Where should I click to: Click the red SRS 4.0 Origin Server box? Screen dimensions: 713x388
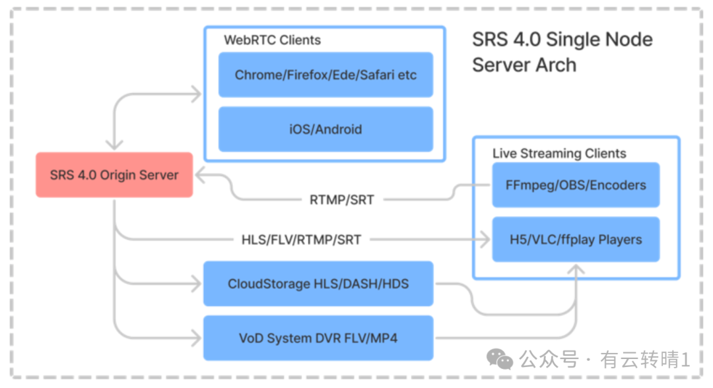pyautogui.click(x=114, y=175)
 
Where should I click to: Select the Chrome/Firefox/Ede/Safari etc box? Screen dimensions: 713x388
pyautogui.click(x=325, y=75)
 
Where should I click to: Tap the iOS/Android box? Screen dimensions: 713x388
pyautogui.click(x=325, y=129)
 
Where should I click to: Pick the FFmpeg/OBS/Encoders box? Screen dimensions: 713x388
pyautogui.click(x=576, y=185)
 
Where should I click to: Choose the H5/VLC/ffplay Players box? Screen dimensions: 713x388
pyautogui.click(x=576, y=240)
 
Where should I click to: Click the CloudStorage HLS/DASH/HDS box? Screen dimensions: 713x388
pyautogui.click(x=318, y=284)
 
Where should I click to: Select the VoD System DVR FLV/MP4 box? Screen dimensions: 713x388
pyautogui.click(x=318, y=338)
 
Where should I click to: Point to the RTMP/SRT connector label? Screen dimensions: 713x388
pyautogui.click(x=342, y=200)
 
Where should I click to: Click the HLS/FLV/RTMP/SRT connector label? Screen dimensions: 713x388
pyautogui.click(x=301, y=240)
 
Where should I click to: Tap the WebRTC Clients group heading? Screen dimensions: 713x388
pyautogui.click(x=273, y=40)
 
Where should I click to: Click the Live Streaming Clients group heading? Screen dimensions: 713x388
pyautogui.click(x=559, y=154)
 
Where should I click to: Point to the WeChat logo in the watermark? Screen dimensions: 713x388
pyautogui.click(x=500, y=360)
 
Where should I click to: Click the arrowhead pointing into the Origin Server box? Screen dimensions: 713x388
pyautogui.click(x=201, y=176)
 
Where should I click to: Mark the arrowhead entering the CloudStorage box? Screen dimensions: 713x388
pyautogui.click(x=197, y=284)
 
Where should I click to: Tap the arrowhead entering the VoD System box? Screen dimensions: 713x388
pyautogui.click(x=197, y=338)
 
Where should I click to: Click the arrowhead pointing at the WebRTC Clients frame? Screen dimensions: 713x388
pyautogui.click(x=197, y=94)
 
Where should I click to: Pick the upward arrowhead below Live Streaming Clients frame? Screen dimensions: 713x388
pyautogui.click(x=576, y=269)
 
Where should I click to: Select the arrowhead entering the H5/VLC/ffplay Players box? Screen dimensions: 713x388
pyautogui.click(x=485, y=240)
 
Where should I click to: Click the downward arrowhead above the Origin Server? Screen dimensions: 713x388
pyautogui.click(x=114, y=145)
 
